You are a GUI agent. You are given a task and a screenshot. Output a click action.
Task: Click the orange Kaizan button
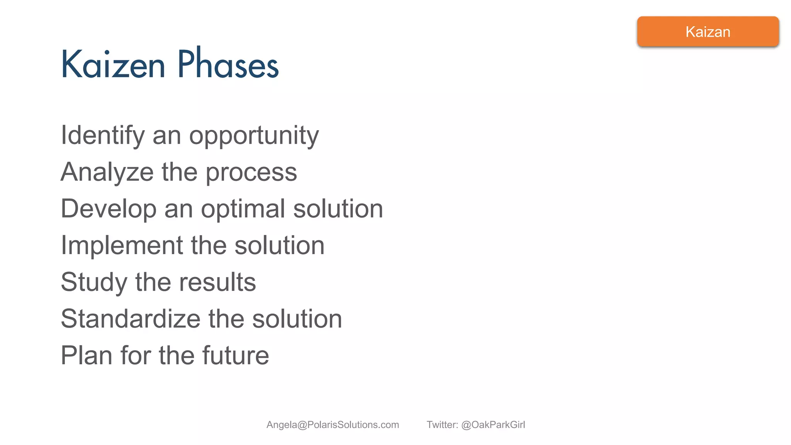[x=708, y=32]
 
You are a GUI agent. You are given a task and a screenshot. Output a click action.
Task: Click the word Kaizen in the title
[x=113, y=65]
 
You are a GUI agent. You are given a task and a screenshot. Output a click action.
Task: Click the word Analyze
[x=107, y=172]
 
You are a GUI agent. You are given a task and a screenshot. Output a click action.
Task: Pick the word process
[x=251, y=173]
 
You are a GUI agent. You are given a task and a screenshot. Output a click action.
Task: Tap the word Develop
[x=109, y=209]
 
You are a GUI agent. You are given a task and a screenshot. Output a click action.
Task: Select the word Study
[x=94, y=282]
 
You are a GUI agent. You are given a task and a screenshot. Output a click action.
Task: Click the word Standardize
[x=131, y=319]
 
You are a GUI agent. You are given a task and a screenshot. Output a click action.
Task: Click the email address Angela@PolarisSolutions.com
[x=333, y=425]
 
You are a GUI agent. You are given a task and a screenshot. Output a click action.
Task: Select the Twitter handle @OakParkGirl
[x=493, y=425]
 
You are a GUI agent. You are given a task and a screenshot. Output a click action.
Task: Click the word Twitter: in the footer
[x=442, y=425]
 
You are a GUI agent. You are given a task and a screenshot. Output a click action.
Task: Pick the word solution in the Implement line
[x=279, y=246]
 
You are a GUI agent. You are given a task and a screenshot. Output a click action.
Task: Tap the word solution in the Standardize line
[x=297, y=319]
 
